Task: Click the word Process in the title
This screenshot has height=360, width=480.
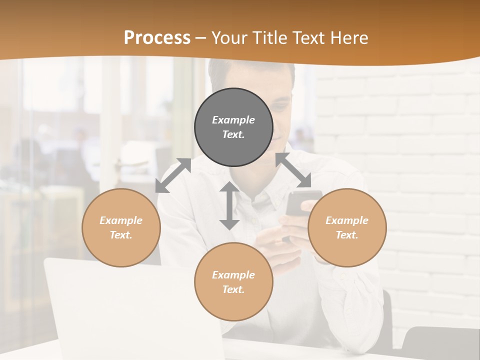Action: pyautogui.click(x=157, y=38)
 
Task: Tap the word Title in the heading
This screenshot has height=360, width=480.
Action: pyautogui.click(x=269, y=38)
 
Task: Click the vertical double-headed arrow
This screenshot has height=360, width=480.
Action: pyautogui.click(x=229, y=205)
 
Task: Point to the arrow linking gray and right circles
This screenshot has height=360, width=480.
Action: pyautogui.click(x=293, y=170)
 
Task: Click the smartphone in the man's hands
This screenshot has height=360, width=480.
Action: pyautogui.click(x=300, y=202)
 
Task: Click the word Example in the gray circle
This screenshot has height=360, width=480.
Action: pyautogui.click(x=233, y=120)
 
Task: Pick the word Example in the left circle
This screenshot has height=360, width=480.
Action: pyautogui.click(x=121, y=220)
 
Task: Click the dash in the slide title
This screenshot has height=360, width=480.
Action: pyautogui.click(x=201, y=38)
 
